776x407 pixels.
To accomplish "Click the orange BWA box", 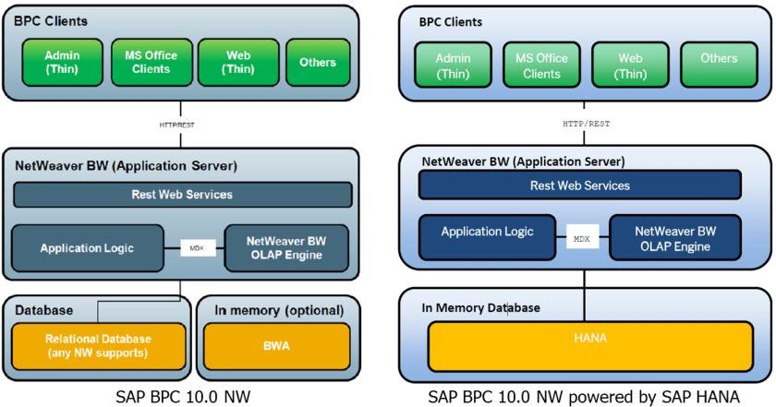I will pyautogui.click(x=277, y=345).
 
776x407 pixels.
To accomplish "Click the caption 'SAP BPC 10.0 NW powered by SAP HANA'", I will pyautogui.click(x=584, y=396).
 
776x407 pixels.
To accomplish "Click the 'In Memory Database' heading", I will pyautogui.click(x=480, y=307).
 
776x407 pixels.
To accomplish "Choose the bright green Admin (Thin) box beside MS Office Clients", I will pyautogui.click(x=63, y=62).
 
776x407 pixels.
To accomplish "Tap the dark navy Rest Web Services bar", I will pyautogui.click(x=580, y=186).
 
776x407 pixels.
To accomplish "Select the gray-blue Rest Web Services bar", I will pyautogui.click(x=182, y=195).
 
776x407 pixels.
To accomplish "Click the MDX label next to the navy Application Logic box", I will pyautogui.click(x=581, y=238).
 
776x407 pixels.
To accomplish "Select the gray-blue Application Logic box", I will pyautogui.click(x=87, y=248).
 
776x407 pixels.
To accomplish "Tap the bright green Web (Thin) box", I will pyautogui.click(x=238, y=62).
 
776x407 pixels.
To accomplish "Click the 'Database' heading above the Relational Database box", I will pyautogui.click(x=43, y=310).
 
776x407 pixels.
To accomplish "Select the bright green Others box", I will pyautogui.click(x=318, y=62).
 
